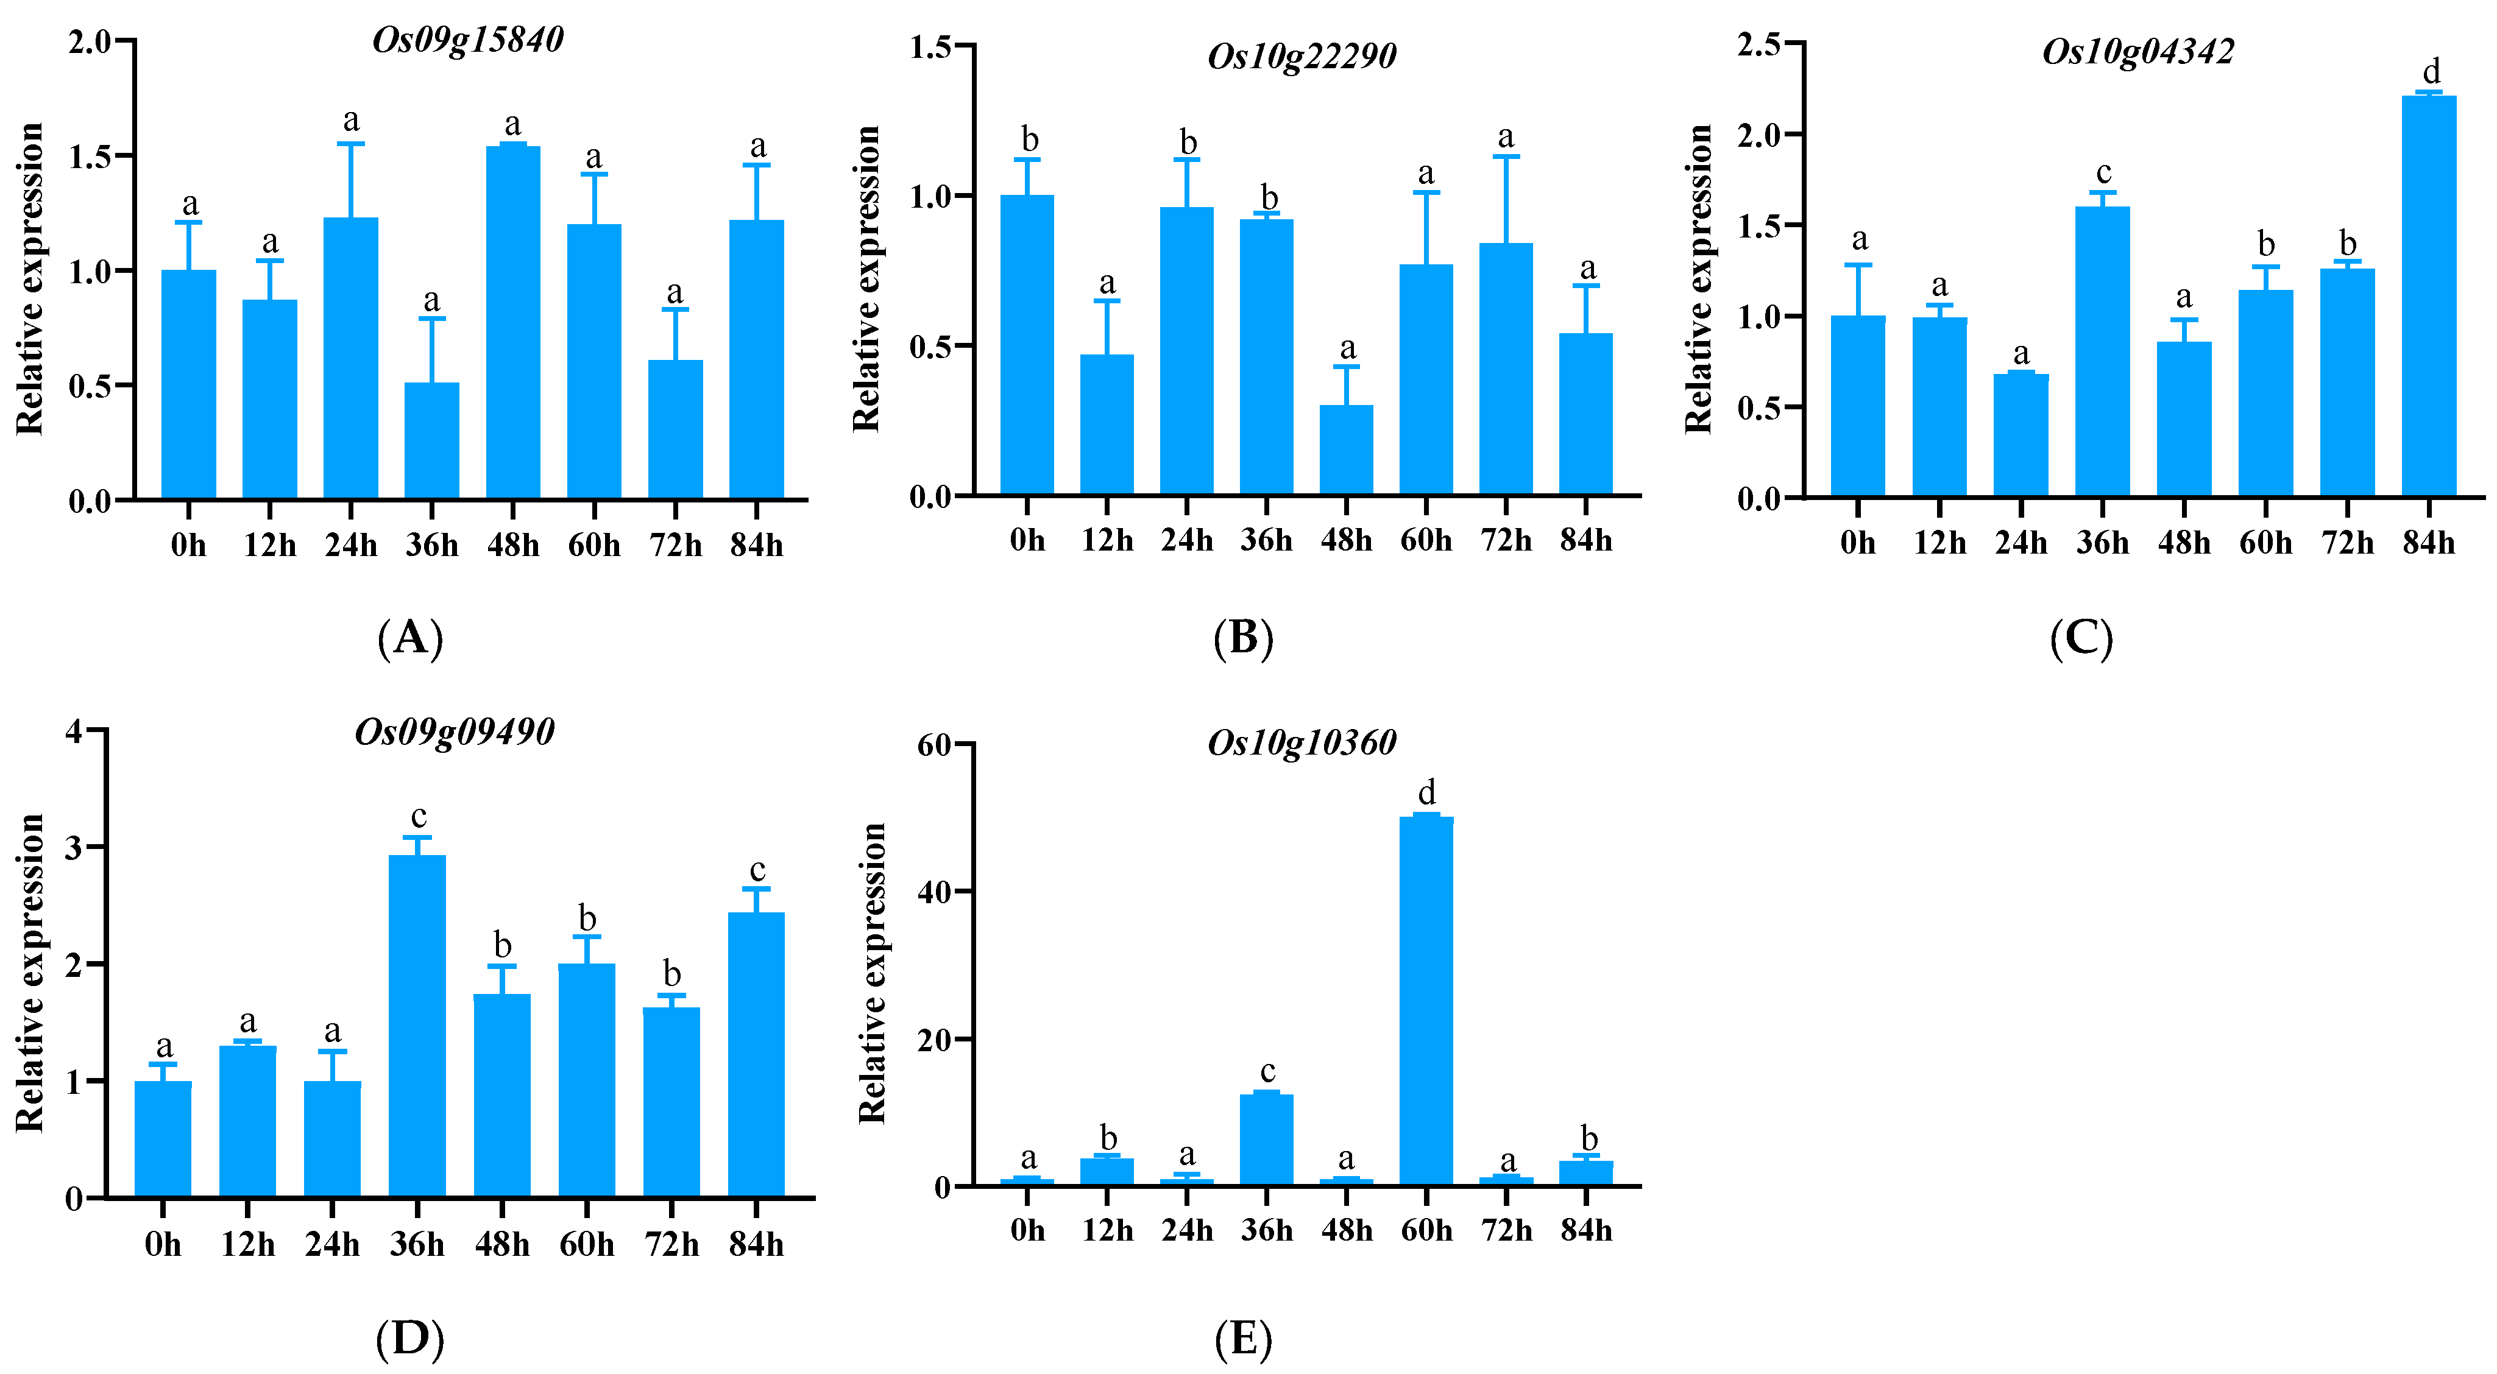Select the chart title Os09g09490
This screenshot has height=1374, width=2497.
(x=454, y=731)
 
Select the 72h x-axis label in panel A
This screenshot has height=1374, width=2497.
(x=675, y=546)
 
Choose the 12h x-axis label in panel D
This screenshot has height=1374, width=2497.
(x=247, y=1244)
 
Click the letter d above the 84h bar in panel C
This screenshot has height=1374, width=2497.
(x=2430, y=72)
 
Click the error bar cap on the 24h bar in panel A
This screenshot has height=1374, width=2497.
(x=351, y=143)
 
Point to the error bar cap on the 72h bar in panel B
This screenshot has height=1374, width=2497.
(x=1506, y=156)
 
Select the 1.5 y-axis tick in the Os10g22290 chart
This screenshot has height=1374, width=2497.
(x=930, y=46)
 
